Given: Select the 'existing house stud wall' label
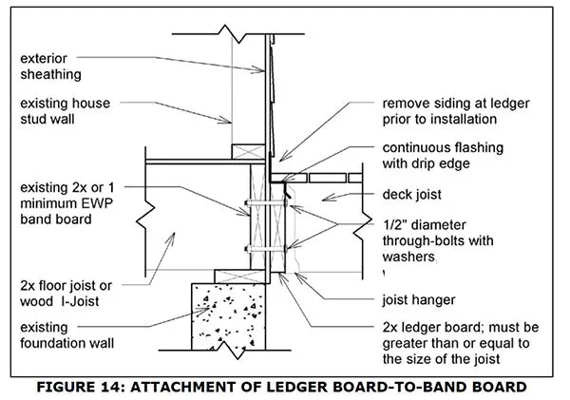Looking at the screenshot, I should tap(62, 111).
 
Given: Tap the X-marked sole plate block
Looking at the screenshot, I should tap(250, 150).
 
